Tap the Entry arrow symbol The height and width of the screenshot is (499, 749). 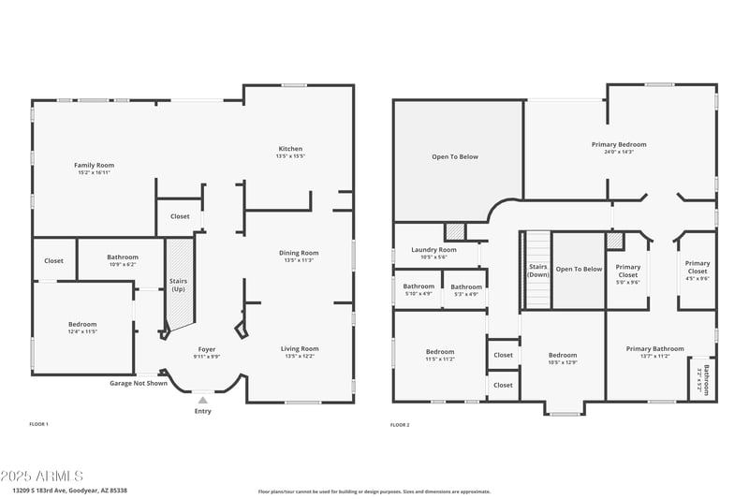tap(203, 400)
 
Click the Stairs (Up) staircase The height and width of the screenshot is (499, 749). tap(178, 285)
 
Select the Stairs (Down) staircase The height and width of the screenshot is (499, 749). tap(537, 271)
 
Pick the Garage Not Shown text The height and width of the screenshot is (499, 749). tap(139, 383)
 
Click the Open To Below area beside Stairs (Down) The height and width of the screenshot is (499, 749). tap(579, 270)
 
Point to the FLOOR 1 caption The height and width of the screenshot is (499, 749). tap(39, 424)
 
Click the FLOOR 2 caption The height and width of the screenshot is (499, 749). tap(401, 424)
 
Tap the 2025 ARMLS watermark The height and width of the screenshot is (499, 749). tap(42, 477)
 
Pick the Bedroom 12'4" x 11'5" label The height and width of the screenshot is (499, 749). tap(82, 327)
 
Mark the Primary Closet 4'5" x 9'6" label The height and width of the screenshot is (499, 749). tap(698, 271)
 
